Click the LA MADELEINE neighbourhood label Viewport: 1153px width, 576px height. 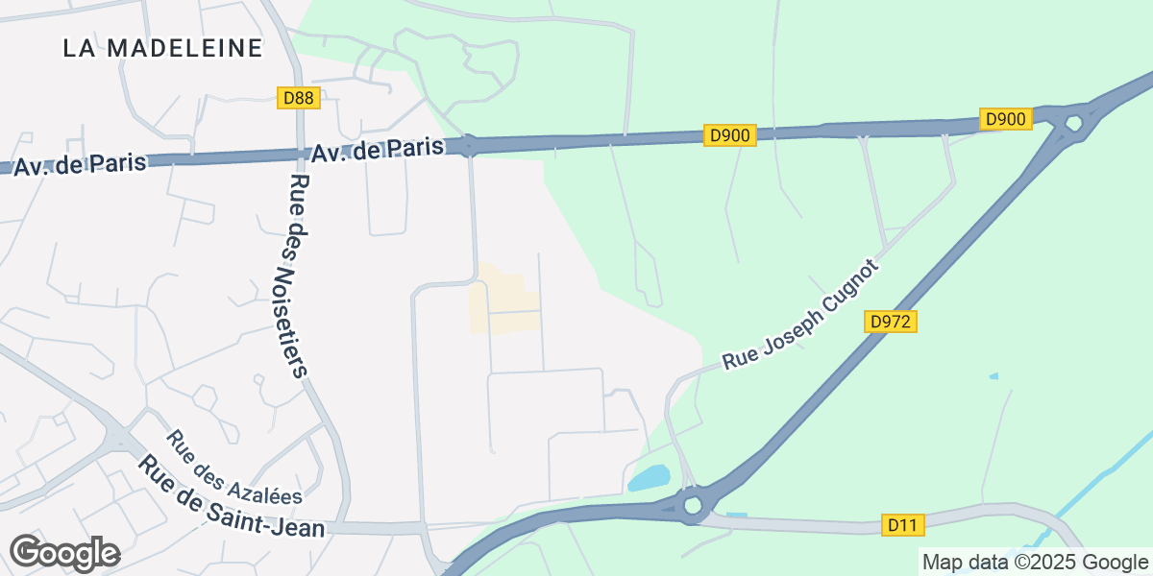pos(162,48)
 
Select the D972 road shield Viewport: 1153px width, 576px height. pos(891,323)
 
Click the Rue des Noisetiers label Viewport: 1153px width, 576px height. pos(299,276)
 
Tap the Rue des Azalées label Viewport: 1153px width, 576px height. pos(234,468)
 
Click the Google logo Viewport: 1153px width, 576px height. pos(64,554)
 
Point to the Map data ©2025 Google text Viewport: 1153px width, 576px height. pos(1034,562)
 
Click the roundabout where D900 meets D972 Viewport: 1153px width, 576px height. pos(1073,123)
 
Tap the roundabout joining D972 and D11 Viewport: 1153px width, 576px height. pos(692,505)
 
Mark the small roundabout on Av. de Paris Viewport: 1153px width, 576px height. pos(469,146)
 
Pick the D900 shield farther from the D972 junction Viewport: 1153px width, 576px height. pos(731,135)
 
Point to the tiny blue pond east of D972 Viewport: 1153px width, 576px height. pos(994,375)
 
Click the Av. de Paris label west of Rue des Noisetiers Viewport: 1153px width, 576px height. pos(80,163)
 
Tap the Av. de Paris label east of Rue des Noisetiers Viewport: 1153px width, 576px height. pos(378,150)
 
